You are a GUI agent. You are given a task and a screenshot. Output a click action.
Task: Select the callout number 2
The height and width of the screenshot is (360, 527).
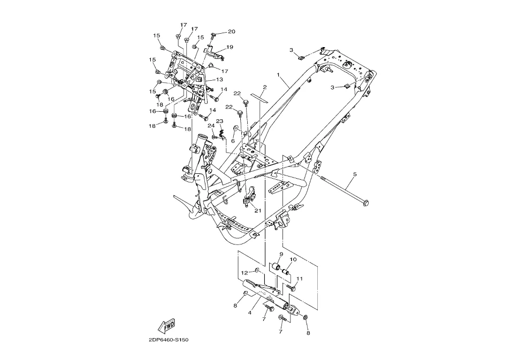pyautogui.click(x=264, y=87)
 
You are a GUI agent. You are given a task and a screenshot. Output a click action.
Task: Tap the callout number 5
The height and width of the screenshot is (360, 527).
pyautogui.click(x=354, y=175)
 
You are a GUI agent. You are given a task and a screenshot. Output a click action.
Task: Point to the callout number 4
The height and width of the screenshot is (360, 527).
pyautogui.click(x=250, y=313)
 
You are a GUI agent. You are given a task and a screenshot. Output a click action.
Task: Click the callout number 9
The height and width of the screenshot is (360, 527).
pyautogui.click(x=281, y=254)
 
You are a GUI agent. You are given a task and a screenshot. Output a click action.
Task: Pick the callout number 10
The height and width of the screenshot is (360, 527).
pyautogui.click(x=293, y=259)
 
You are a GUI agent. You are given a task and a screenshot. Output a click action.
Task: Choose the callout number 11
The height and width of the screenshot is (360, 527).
pyautogui.click(x=300, y=279)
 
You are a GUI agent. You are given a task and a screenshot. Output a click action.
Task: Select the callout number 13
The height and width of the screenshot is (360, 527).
pyautogui.click(x=219, y=79)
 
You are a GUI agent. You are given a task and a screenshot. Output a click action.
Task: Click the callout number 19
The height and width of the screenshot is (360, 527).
pyautogui.click(x=230, y=47)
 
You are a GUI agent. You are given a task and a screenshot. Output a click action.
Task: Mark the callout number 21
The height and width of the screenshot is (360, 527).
pyautogui.click(x=257, y=210)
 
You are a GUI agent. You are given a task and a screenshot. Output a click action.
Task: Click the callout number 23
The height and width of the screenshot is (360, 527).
pyautogui.click(x=219, y=121)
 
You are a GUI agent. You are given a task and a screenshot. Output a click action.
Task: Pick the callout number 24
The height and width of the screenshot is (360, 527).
pyautogui.click(x=211, y=126)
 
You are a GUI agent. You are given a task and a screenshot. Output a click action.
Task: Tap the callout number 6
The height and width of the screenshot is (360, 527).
pyautogui.click(x=233, y=141)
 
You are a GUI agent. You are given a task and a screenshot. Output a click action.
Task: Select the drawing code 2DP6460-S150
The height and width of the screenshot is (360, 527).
pyautogui.click(x=169, y=340)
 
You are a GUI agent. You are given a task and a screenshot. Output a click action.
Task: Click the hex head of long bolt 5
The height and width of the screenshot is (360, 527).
pyautogui.click(x=365, y=202)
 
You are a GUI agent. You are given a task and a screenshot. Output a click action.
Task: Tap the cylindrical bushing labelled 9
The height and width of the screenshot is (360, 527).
pyautogui.click(x=278, y=267)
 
